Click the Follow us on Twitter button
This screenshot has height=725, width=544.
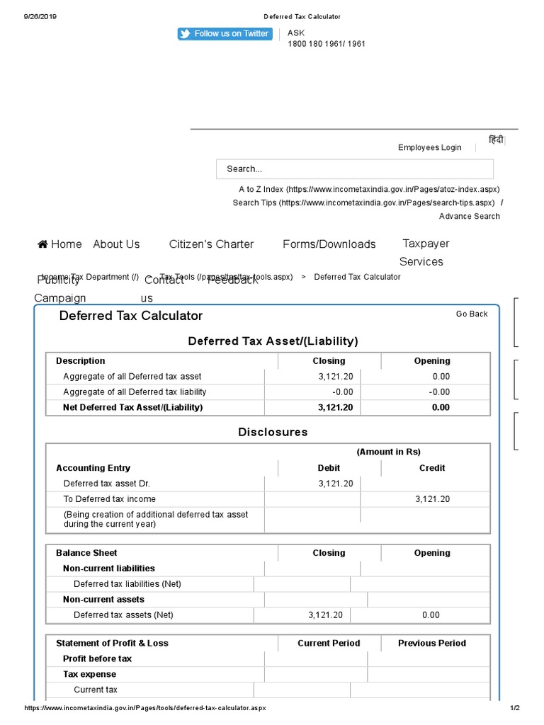[x=225, y=34]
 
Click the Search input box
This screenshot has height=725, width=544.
[x=354, y=169]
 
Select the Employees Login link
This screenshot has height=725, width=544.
[x=429, y=148]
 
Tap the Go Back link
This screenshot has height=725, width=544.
[x=472, y=314]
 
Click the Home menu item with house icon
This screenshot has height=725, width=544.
[x=59, y=244]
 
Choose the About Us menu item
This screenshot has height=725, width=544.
[x=116, y=244]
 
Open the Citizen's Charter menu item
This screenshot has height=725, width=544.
[x=211, y=244]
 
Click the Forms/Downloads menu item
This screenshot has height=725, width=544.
[x=329, y=244]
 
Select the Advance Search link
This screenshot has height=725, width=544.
[x=469, y=217]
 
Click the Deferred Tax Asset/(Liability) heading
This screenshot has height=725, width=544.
[x=273, y=341]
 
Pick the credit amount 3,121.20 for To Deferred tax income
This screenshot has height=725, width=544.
[x=432, y=499]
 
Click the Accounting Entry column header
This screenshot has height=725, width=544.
[x=93, y=468]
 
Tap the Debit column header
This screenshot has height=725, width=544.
[x=329, y=468]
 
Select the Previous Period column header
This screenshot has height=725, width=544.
[x=431, y=644]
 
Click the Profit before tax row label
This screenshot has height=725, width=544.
[x=97, y=659]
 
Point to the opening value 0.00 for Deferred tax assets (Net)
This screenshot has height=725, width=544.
[x=431, y=615]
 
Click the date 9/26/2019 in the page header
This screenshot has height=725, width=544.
[x=40, y=16]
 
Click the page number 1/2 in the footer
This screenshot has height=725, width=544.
[x=514, y=708]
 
